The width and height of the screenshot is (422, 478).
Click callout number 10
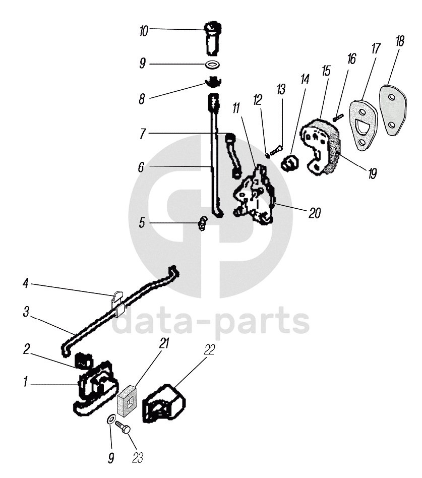(x=144, y=31)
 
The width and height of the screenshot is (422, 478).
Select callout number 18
(x=400, y=42)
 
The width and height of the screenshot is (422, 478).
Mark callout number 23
(x=137, y=458)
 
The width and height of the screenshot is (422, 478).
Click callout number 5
(x=142, y=221)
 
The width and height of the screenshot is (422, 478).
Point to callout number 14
(x=304, y=80)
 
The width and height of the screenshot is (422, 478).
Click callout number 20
(x=314, y=213)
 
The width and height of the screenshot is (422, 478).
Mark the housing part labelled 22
(x=164, y=403)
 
